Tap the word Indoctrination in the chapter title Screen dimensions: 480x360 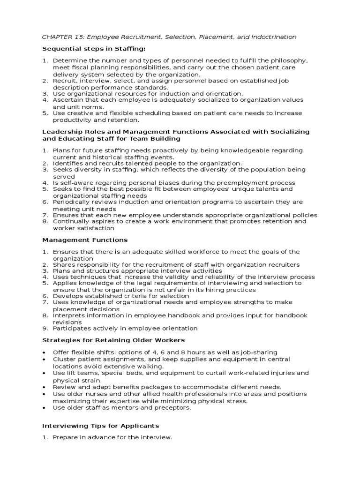pos(272,37)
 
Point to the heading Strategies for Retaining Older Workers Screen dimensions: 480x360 pos(113,340)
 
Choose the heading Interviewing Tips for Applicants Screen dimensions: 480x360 pos(101,426)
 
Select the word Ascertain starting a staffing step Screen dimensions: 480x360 pos(68,100)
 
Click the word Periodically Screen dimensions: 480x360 pos(71,202)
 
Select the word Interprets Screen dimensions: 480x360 pos(68,315)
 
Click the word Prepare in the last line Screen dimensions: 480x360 pos(66,438)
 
